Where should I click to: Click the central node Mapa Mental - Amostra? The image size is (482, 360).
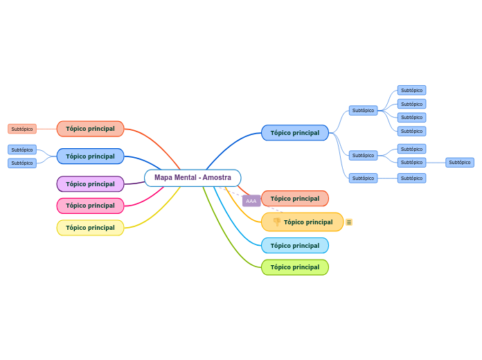[x=193, y=178]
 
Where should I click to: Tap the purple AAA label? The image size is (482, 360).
[x=251, y=201]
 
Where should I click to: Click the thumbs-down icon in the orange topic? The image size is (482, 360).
[x=276, y=222]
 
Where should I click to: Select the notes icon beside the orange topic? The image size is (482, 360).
[x=349, y=222]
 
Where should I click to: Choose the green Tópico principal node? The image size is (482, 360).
[x=294, y=267]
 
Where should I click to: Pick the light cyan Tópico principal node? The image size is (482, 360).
[x=294, y=246]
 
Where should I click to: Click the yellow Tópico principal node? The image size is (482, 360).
[x=90, y=228]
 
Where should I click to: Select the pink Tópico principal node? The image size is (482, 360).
[x=90, y=206]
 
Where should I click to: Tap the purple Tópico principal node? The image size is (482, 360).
[x=90, y=184]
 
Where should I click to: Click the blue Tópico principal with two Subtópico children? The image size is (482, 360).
[x=90, y=156]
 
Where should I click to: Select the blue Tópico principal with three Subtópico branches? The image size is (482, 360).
[x=294, y=133]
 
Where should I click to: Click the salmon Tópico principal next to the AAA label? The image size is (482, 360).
[x=294, y=199]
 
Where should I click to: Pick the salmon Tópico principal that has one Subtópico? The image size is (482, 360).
[x=90, y=129]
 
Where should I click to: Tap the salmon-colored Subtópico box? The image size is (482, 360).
[x=22, y=129]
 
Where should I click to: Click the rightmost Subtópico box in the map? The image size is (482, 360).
[x=459, y=163]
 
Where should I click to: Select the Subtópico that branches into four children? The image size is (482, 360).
[x=363, y=110]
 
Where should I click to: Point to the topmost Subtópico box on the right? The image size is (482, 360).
[x=411, y=90]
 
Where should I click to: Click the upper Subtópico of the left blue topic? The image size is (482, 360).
[x=22, y=150]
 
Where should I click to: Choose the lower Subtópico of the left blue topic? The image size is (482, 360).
[x=22, y=163]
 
